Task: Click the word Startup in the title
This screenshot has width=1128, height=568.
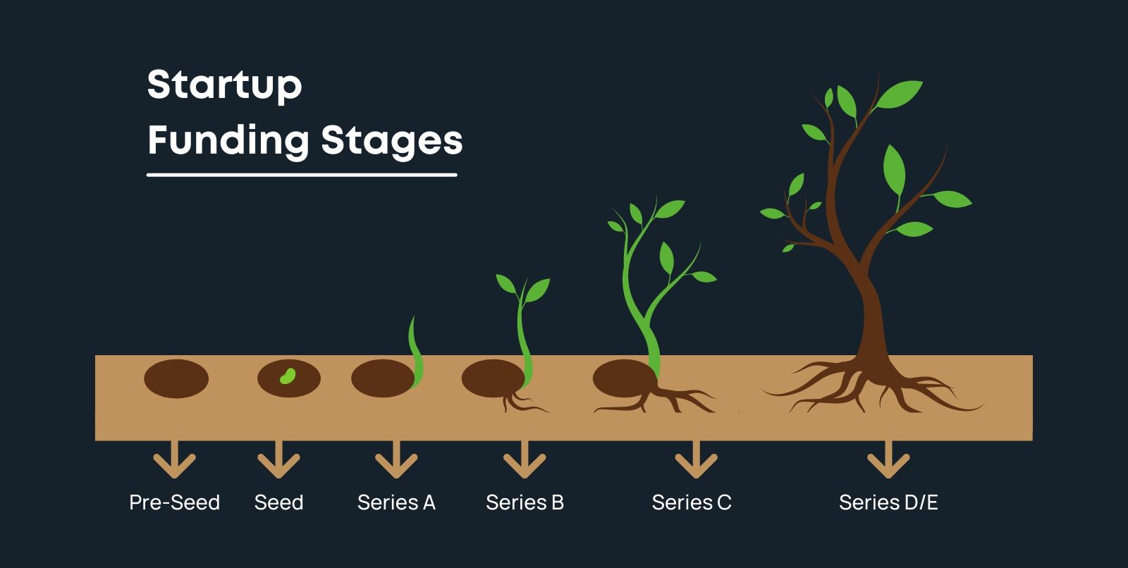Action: (225, 85)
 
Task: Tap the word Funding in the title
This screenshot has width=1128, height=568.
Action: (228, 140)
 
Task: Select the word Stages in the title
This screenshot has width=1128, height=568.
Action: (392, 142)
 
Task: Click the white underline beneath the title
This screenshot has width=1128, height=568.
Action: (302, 175)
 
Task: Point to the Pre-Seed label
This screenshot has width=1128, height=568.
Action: (174, 502)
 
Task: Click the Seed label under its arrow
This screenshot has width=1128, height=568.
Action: (278, 502)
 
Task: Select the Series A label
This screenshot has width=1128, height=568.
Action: (396, 502)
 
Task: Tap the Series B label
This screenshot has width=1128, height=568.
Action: (525, 502)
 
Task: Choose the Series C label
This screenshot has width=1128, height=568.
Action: (692, 502)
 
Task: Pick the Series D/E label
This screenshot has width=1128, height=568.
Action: (888, 502)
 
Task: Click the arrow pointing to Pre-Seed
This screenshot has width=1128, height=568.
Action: (174, 459)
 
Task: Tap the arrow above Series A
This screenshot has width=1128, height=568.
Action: (396, 459)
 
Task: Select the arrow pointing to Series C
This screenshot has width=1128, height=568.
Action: (697, 459)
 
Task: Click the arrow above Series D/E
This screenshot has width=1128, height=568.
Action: (888, 459)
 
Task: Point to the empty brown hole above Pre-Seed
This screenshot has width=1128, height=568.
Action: (176, 378)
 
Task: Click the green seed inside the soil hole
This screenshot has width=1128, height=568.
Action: (288, 376)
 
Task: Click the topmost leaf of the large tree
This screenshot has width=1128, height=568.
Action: (900, 94)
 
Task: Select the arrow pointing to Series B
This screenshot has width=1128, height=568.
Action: (525, 459)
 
